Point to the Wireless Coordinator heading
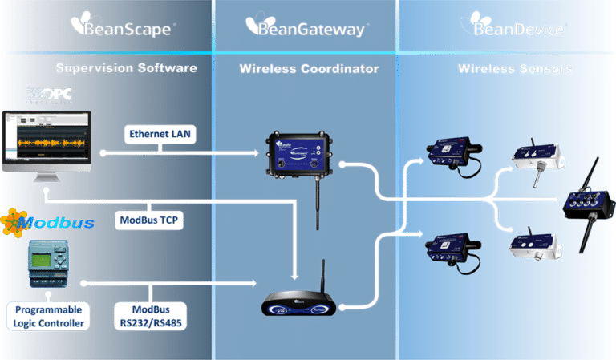pyautogui.click(x=309, y=69)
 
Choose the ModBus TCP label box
pyautogui.click(x=148, y=220)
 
